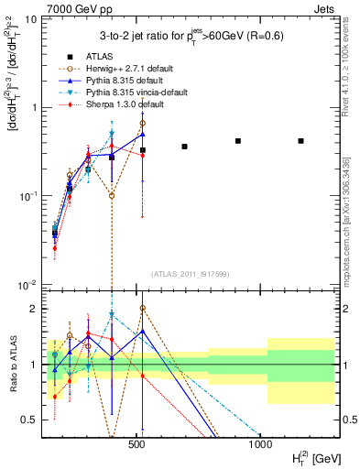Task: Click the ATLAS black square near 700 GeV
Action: click(x=184, y=147)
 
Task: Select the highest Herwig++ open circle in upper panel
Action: click(x=143, y=123)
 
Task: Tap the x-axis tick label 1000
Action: click(x=259, y=444)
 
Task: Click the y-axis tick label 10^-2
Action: click(x=28, y=285)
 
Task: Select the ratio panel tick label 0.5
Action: click(x=30, y=420)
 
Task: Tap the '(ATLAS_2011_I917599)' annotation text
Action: click(x=190, y=273)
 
